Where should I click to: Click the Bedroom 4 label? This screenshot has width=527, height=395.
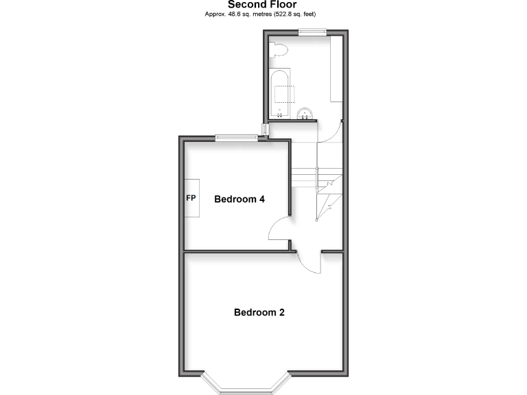click(239, 200)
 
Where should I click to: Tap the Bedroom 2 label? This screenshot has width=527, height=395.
click(259, 312)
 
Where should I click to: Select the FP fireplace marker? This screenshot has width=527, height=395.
click(191, 198)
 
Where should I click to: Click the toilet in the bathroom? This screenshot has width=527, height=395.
click(277, 49)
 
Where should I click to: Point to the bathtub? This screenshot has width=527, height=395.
click(280, 93)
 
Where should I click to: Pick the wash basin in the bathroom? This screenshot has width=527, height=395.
click(305, 113)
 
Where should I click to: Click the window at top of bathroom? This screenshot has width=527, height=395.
click(312, 31)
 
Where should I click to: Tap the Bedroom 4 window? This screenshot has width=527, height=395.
click(236, 138)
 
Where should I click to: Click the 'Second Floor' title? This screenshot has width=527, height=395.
click(263, 5)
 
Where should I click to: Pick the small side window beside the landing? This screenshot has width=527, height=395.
click(265, 130)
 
